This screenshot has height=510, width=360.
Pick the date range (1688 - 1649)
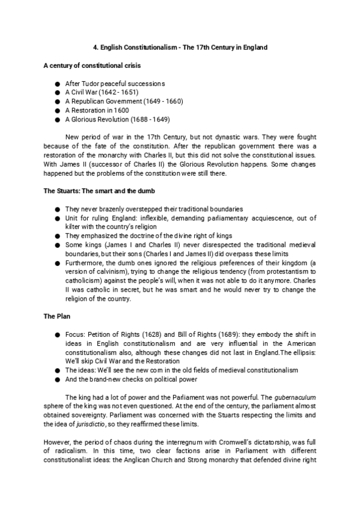coord(151,119)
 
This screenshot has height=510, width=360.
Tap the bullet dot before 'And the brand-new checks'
coord(56,379)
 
